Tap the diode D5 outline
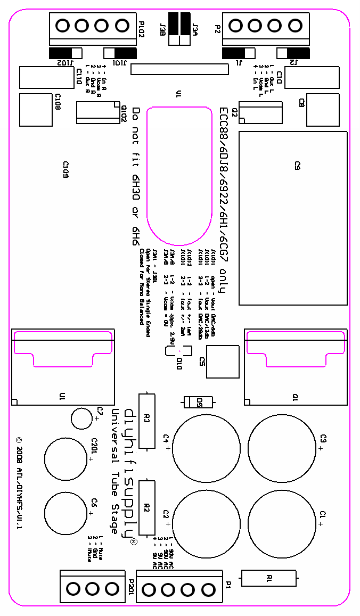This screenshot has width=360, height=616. (198, 402)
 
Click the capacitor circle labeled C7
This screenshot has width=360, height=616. (83, 418)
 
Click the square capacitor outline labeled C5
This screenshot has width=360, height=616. (223, 362)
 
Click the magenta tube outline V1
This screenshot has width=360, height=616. (179, 176)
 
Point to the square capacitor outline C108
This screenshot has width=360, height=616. (36, 110)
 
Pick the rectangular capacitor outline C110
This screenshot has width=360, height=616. (46, 77)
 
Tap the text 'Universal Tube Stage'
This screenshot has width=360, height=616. (114, 471)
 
